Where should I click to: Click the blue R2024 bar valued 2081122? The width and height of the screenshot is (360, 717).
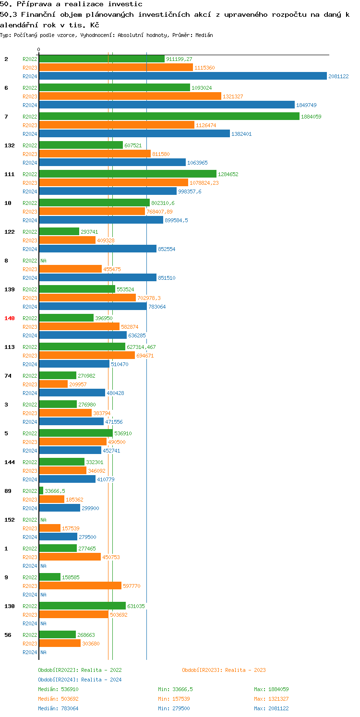[x=182, y=76]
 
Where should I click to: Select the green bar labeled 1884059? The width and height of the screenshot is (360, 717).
[x=169, y=116]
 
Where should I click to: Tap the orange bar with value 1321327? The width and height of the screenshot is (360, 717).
[x=130, y=96]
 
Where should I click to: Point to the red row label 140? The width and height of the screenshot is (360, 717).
[x=10, y=318]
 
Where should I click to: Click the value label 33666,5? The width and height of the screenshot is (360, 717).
[x=55, y=491]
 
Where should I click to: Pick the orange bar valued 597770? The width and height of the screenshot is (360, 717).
[x=80, y=586]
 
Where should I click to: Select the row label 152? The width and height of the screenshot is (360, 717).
[x=10, y=520]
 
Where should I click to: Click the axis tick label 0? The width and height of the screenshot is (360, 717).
[x=39, y=50]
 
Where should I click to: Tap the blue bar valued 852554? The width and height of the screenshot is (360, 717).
[x=97, y=249]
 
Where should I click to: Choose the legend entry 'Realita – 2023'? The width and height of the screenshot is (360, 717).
[x=224, y=670]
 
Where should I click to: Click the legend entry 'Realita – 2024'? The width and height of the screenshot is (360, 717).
[x=80, y=680]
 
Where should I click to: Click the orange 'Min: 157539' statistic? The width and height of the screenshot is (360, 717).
[x=175, y=699]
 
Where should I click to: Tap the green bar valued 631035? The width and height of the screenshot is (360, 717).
[x=82, y=606]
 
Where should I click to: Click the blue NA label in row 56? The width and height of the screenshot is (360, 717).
[x=43, y=652]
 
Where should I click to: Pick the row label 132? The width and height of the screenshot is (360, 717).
[x=10, y=145]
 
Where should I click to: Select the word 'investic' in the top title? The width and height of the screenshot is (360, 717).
[x=126, y=4]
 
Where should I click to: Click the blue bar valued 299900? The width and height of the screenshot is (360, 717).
[x=60, y=508]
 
